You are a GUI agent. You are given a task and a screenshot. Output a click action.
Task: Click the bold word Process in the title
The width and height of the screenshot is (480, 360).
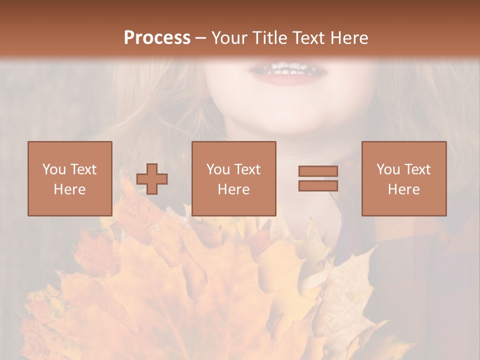157,38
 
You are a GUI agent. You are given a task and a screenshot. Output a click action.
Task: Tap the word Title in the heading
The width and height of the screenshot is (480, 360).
269,38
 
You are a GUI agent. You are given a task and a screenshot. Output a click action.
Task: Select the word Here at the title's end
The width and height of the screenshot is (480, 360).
349,38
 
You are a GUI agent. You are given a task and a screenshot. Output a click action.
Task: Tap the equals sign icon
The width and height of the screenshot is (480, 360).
318,178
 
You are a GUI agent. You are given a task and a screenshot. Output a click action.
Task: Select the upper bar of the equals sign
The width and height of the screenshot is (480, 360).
318,171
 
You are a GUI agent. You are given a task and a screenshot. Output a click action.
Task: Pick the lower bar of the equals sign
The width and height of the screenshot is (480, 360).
318,185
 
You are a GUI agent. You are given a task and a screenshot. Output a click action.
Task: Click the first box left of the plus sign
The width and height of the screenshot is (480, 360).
69,178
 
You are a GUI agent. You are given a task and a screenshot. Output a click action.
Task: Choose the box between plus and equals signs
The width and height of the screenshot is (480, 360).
233,178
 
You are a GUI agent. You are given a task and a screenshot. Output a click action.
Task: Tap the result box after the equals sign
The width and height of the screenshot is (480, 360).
403,178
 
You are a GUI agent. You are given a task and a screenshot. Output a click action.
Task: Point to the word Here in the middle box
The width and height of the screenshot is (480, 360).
233,189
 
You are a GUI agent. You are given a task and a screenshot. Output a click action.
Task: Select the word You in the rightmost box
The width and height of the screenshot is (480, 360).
388,169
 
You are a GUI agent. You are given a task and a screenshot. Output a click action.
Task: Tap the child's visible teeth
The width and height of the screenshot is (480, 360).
287,70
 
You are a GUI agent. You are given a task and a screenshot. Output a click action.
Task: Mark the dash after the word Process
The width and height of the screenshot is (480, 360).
201,38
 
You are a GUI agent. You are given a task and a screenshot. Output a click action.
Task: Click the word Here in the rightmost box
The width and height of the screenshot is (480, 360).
403,189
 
